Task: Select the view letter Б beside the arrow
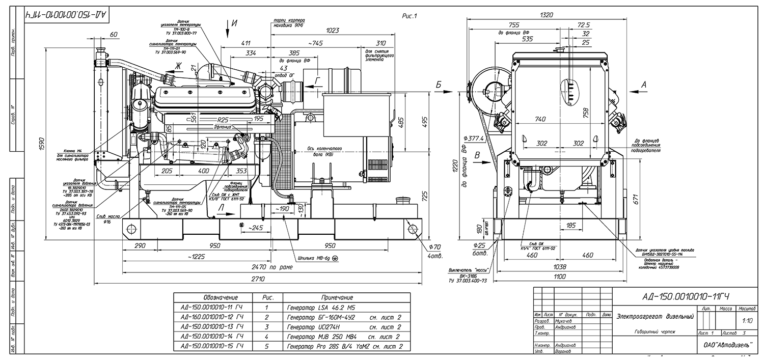pos(438,85)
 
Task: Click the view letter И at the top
pos(234,22)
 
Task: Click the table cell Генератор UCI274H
pos(313,327)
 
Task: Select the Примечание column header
pos(337,297)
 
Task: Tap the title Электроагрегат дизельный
pos(655,317)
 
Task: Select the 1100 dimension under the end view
pos(560,276)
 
